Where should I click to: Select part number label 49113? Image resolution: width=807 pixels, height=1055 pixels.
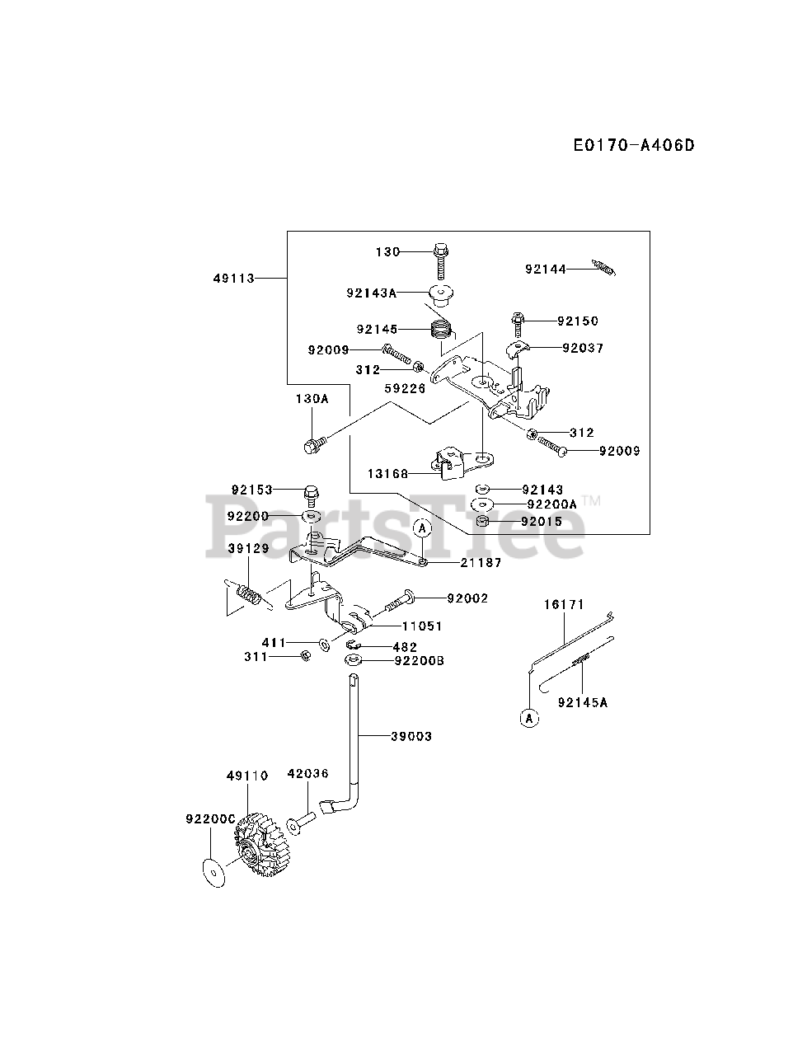point(232,279)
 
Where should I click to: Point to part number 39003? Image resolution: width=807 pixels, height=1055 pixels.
point(411,736)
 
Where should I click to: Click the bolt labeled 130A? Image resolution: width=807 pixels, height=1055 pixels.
point(312,446)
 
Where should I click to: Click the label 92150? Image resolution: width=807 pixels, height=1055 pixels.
point(577,321)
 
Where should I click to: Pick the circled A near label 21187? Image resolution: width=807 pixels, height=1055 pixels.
point(421,527)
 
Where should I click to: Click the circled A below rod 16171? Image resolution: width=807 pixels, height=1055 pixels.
point(529,718)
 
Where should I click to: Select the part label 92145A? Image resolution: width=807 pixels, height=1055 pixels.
point(582,702)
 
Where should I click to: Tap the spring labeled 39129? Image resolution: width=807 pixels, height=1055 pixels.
point(249,593)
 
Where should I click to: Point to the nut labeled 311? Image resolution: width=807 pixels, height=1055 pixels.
point(304,656)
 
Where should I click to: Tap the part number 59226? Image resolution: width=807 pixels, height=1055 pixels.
point(405,387)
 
